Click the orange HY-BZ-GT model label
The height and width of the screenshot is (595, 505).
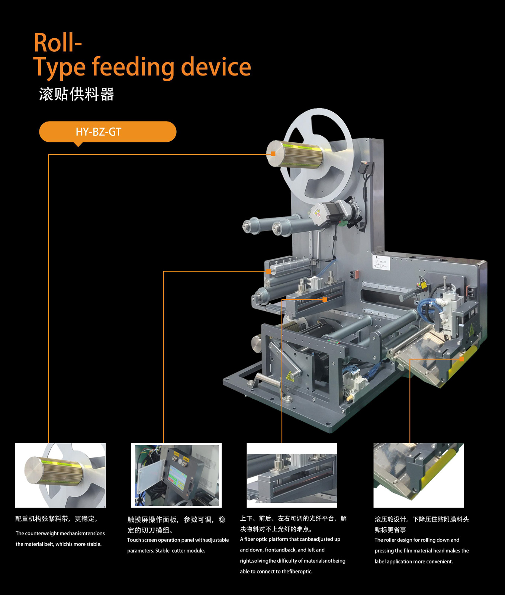pyautogui.click(x=107, y=132)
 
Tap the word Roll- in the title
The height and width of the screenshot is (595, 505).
pyautogui.click(x=58, y=43)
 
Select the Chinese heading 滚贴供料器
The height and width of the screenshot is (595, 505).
pyautogui.click(x=76, y=94)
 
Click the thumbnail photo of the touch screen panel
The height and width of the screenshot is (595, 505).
pyautogui.click(x=176, y=475)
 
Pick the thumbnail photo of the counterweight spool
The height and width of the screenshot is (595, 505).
pyautogui.click(x=60, y=475)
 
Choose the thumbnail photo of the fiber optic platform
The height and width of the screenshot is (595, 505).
pyautogui.click(x=292, y=475)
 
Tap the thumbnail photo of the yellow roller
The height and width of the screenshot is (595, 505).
pyautogui.click(x=419, y=475)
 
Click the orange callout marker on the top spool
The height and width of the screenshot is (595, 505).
pyautogui.click(x=273, y=154)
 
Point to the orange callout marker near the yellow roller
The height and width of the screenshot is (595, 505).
pyautogui.click(x=461, y=359)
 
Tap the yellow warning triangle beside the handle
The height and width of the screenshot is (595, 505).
pyautogui.click(x=290, y=376)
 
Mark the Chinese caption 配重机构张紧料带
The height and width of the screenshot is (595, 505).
pyautogui.click(x=42, y=519)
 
